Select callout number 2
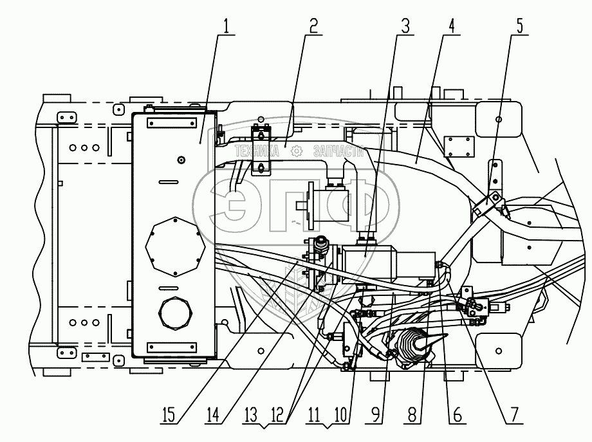click(x=313, y=27)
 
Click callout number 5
click(x=519, y=27)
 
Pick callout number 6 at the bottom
click(x=456, y=415)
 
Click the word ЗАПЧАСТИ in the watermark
click(x=339, y=152)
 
